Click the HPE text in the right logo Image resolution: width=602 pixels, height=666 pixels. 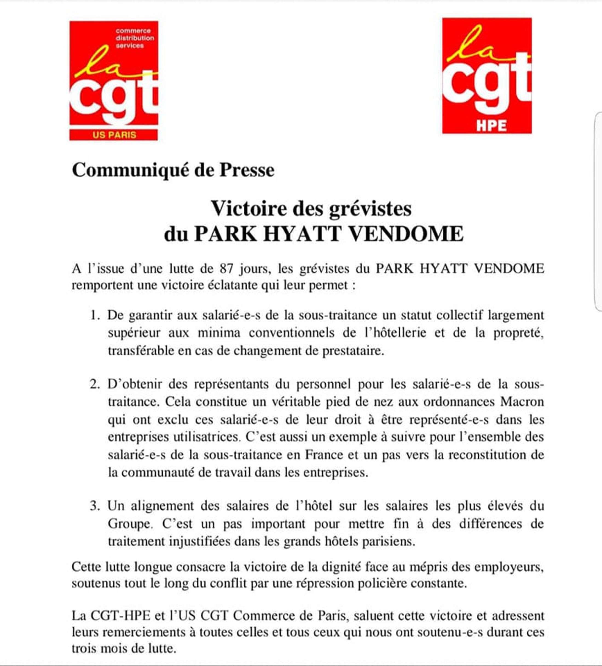pyautogui.click(x=491, y=126)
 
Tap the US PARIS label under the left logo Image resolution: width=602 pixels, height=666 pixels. pyautogui.click(x=114, y=135)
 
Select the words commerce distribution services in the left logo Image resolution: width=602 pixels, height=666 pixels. pyautogui.click(x=134, y=38)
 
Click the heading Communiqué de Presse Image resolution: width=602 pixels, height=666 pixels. pyautogui.click(x=173, y=171)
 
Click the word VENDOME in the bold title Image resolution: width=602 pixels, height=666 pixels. pyautogui.click(x=406, y=234)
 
